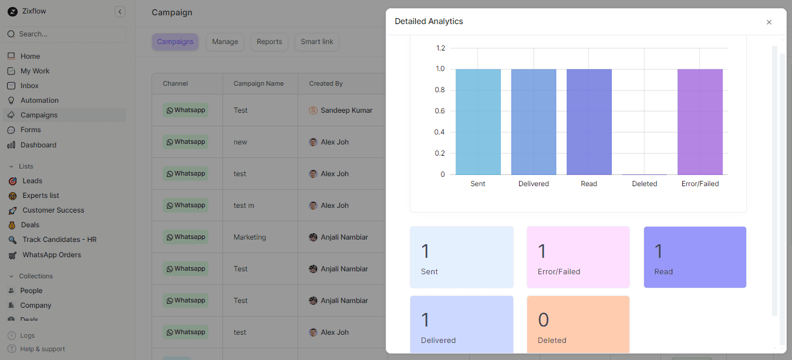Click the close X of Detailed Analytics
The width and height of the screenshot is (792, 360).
[769, 22]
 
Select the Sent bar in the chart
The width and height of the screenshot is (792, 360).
[478, 122]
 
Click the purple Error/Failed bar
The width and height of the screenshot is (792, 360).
[700, 122]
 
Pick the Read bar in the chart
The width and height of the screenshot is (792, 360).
[589, 122]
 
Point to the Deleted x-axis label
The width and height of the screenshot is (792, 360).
[645, 184]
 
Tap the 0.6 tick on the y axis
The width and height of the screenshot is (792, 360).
[439, 111]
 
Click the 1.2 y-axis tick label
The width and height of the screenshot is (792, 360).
[439, 48]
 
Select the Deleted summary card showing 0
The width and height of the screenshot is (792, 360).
[578, 324]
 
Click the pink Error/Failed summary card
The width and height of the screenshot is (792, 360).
[578, 257]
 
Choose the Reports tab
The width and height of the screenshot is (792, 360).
[269, 42]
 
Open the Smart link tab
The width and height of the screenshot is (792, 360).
[317, 42]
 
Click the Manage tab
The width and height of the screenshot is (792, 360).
[225, 42]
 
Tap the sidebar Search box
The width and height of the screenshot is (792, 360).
[65, 34]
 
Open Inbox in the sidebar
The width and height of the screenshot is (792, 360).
[29, 86]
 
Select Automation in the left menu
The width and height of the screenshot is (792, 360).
[39, 100]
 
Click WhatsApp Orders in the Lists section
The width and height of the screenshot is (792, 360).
[52, 255]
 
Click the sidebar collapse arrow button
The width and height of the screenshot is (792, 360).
[120, 12]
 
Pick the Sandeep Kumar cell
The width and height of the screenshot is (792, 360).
[346, 110]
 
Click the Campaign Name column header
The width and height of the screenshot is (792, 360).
[258, 83]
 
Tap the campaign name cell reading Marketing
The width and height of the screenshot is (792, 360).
[250, 237]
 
